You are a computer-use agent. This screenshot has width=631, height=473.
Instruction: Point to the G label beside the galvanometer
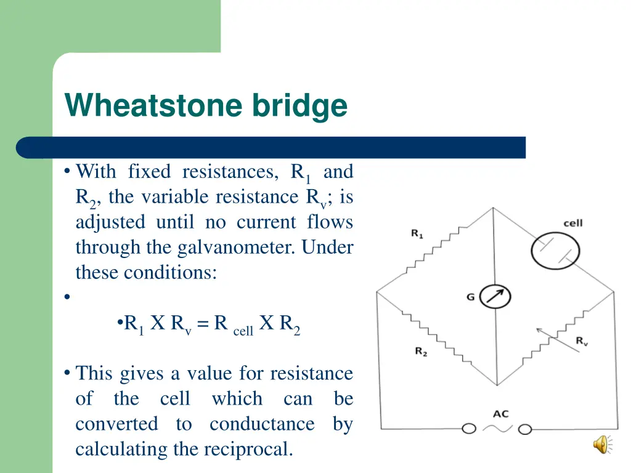tap(470, 297)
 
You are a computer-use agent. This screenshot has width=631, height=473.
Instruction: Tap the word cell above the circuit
tap(573, 223)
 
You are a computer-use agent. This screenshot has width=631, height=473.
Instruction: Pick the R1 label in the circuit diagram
tap(417, 233)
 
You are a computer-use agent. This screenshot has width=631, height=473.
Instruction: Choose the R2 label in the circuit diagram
tap(421, 352)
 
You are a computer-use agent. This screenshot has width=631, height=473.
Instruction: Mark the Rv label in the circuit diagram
tap(582, 341)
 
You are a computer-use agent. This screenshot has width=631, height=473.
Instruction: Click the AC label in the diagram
tap(500, 414)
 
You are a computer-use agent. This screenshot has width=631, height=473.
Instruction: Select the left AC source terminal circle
tap(470, 429)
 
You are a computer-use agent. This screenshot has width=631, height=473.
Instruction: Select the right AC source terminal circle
tap(525, 429)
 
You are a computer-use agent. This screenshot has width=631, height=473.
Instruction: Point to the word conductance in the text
tap(262, 424)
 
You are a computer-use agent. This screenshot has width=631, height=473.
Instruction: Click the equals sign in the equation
tap(203, 323)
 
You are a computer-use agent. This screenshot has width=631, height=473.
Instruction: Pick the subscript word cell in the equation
tap(243, 331)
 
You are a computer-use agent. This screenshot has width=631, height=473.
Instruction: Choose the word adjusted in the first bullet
tap(110, 222)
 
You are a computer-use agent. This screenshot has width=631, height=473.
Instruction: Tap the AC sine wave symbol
tap(497, 429)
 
